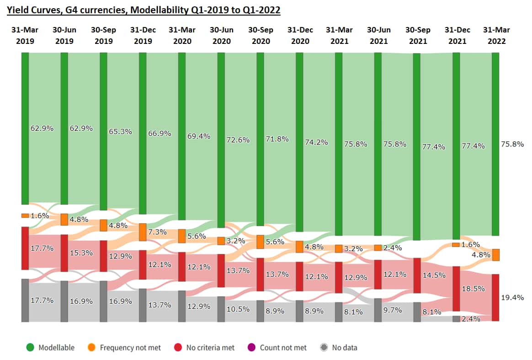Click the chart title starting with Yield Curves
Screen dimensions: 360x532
click(143, 9)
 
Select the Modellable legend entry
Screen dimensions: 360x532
click(51, 348)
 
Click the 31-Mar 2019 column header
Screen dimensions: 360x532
click(25, 35)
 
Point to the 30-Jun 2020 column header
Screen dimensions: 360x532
click(221, 35)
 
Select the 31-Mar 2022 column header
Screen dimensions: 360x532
click(496, 35)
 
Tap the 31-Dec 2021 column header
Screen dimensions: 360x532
click(457, 35)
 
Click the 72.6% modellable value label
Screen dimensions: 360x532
click(238, 140)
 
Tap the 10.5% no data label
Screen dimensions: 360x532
click(238, 309)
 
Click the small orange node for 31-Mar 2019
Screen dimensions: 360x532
click(25, 215)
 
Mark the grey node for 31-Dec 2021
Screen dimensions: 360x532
click(456, 319)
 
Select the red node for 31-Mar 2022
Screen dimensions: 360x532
click(495, 297)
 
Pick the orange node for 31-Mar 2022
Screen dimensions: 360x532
click(495, 255)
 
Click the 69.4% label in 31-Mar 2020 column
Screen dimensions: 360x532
click(198, 136)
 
